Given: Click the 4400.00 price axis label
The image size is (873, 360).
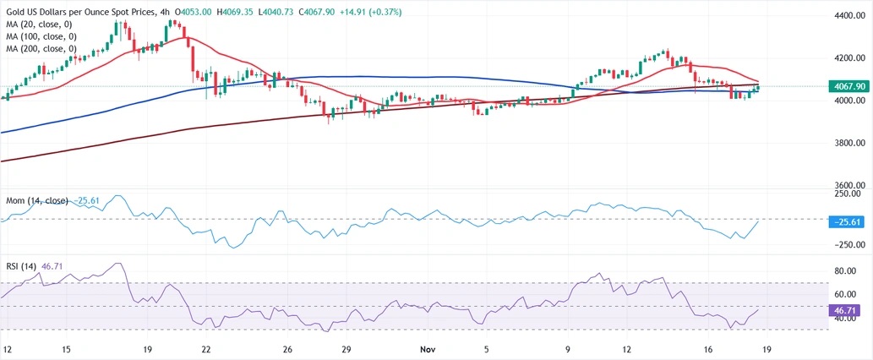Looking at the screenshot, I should pos(848,15).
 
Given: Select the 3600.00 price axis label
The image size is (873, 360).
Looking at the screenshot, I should pos(848,185).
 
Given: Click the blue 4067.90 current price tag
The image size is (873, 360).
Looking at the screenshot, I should pos(848,86).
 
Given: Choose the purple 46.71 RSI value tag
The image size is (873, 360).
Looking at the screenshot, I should pos(848,311).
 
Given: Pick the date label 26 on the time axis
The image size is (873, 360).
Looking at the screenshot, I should pos(287,349).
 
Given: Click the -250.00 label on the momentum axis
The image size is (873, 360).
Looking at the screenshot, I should pos(848,245).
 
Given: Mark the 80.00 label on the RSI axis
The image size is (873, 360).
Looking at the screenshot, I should pos(848,271).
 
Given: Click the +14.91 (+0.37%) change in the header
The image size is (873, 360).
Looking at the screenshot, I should pos(284,12).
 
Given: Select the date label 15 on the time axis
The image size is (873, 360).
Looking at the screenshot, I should pos(66,349).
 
